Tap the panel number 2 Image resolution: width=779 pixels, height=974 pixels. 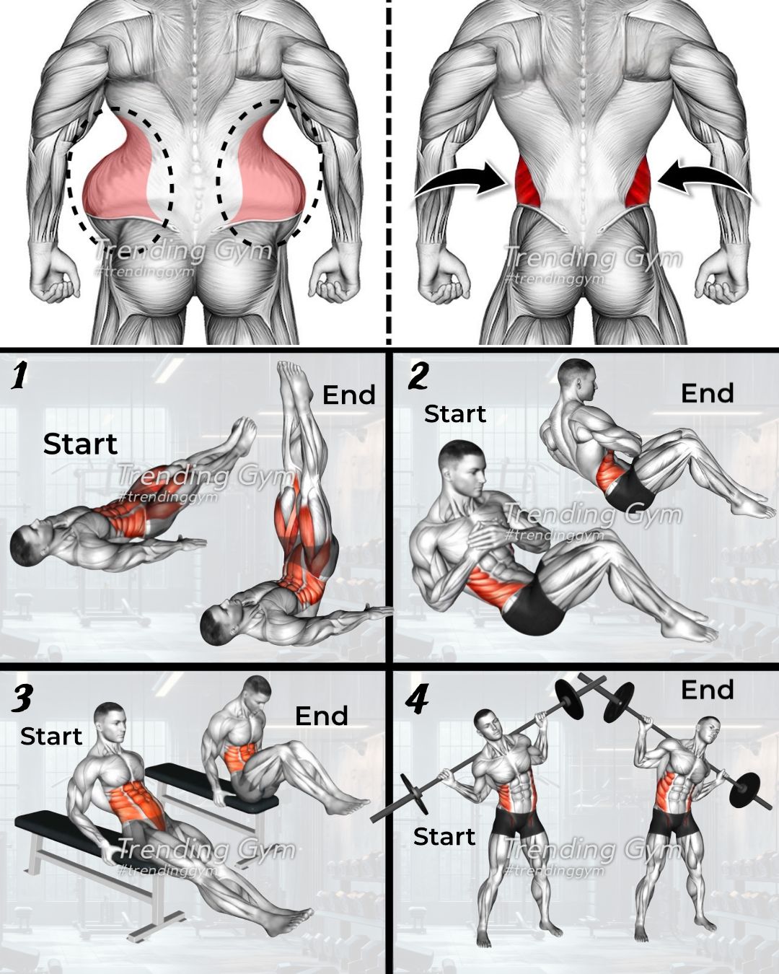pos(418,376)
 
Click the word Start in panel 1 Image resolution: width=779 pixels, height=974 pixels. pos(81,444)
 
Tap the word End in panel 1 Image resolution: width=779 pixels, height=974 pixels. pos(348,394)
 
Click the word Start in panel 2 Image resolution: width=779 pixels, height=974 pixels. pos(455,413)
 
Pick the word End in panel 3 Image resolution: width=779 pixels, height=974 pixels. pos(322,716)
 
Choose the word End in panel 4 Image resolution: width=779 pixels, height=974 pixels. pos(707,690)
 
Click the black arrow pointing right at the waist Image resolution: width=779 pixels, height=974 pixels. pos(459,181)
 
